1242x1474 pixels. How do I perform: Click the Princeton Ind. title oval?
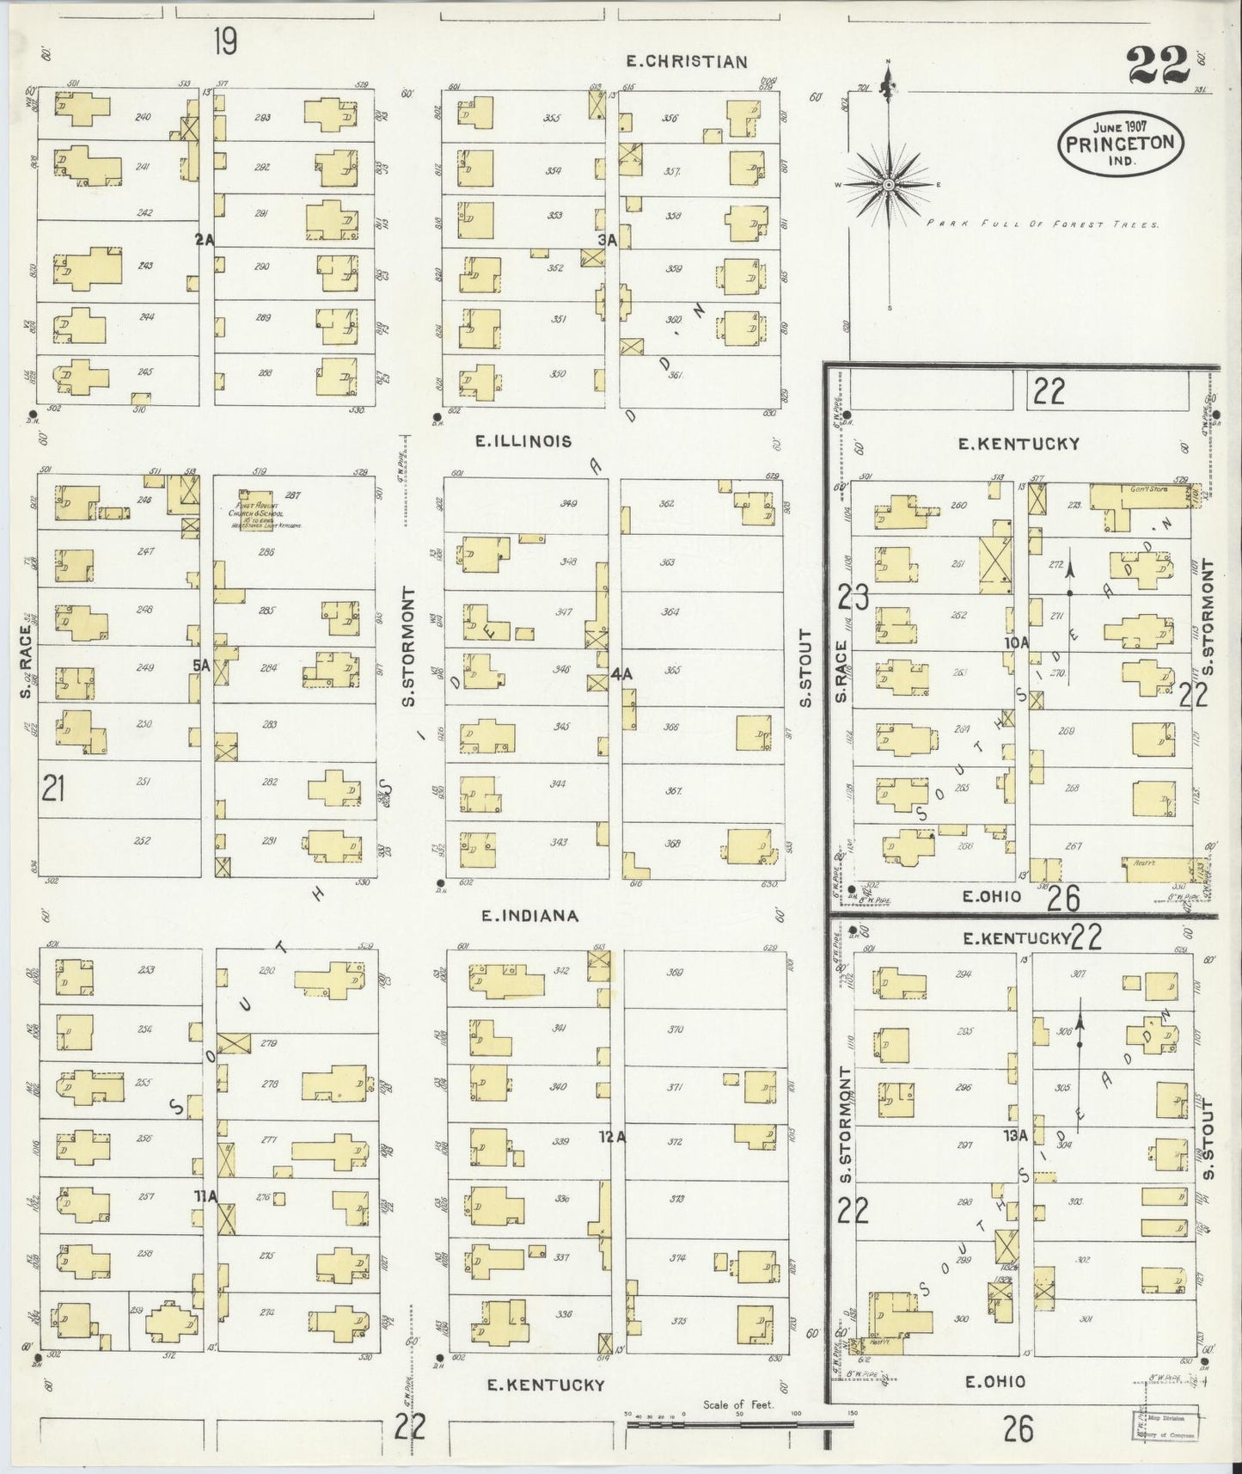(x=1120, y=143)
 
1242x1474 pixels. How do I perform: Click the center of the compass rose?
(x=889, y=184)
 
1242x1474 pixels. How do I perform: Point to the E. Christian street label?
(x=686, y=61)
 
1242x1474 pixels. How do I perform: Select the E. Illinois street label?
(x=524, y=441)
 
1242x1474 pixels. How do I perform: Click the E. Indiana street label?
(x=529, y=916)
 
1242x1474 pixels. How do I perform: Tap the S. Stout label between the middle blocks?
(x=805, y=669)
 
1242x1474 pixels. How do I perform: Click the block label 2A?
(x=204, y=241)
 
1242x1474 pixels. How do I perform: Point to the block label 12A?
(x=613, y=1137)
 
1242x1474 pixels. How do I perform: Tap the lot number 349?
(x=568, y=504)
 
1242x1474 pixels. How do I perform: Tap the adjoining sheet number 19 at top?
(x=225, y=41)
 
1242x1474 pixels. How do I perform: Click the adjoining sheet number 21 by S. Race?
(x=53, y=788)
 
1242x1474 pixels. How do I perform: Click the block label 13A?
(x=1015, y=1135)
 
